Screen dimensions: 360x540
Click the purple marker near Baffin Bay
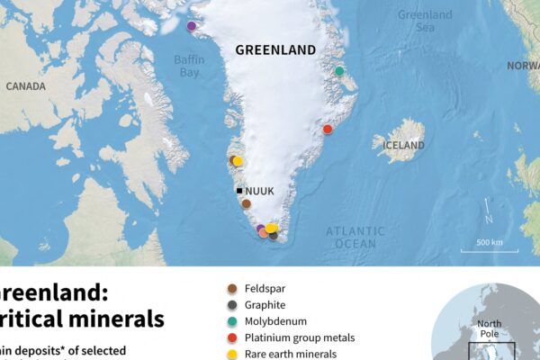pos(191,26)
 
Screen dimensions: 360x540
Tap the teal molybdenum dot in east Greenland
pos(339,70)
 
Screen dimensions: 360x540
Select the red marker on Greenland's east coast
pos(328,129)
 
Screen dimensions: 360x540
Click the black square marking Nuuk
pos(238,191)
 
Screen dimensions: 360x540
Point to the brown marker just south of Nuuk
pos(246,203)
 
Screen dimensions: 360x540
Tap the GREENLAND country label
pos(275,49)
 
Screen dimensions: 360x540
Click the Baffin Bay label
pos(188,66)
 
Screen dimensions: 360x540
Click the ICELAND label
pos(404,145)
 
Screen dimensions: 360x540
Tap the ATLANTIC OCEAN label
pos(355,238)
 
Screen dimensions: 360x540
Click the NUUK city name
pos(259,191)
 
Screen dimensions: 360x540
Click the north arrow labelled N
pos(487,213)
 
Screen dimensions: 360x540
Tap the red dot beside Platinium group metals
pos(231,338)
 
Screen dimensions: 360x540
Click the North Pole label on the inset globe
pos(490,329)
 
